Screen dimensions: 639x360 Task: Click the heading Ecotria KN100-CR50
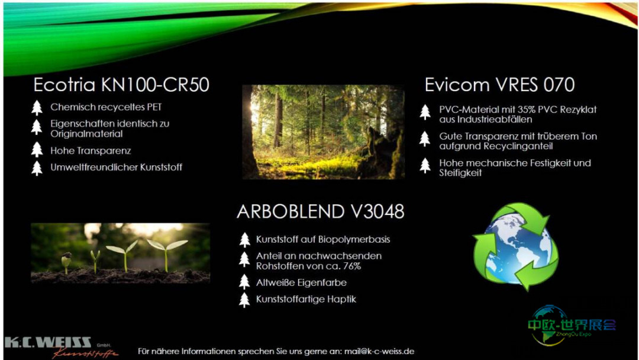point(121,85)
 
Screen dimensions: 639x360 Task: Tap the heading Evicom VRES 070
point(499,85)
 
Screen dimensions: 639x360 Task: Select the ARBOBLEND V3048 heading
point(321,211)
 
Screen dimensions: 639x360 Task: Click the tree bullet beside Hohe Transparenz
point(37,150)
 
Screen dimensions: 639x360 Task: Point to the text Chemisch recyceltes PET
point(106,107)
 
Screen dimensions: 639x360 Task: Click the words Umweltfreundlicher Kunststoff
point(116,167)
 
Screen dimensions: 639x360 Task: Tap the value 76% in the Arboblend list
point(351,266)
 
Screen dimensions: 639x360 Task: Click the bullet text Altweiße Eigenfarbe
point(301,282)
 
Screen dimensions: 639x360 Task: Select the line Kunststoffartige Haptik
point(306,299)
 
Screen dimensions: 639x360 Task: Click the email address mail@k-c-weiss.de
point(379,352)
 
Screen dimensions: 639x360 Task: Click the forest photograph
point(323,131)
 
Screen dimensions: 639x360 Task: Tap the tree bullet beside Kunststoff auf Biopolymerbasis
point(244,240)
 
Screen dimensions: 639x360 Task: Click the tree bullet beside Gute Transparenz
point(425,139)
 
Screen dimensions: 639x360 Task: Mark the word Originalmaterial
point(86,134)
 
